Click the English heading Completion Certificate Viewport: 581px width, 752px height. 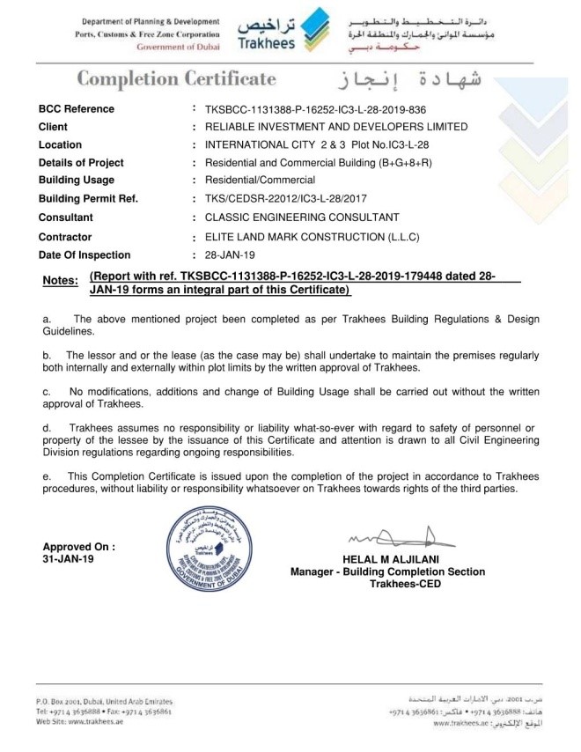click(176, 79)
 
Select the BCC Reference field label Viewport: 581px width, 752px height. click(77, 109)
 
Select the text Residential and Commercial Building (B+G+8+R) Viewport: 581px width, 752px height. click(313, 163)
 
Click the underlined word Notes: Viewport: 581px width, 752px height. click(61, 281)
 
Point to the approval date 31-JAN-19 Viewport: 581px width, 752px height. click(68, 559)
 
